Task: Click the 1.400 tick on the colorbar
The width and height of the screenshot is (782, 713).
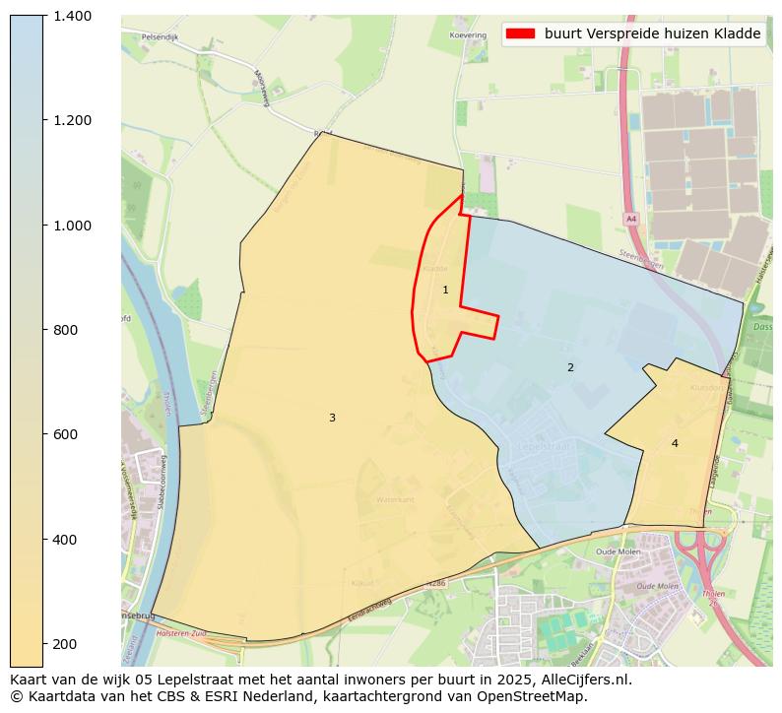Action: pos(73,16)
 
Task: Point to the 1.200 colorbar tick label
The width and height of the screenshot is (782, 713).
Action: pos(73,120)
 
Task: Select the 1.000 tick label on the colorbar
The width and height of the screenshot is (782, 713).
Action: pos(73,225)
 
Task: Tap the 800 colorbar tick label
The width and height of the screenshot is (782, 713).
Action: pos(68,330)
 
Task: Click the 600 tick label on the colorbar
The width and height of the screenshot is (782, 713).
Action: pos(68,434)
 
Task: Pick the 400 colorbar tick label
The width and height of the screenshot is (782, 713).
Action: pos(68,540)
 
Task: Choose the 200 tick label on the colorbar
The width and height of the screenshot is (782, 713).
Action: pos(68,644)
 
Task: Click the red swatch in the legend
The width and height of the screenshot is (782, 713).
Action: pos(520,33)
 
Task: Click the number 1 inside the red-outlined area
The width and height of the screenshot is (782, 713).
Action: pos(445,290)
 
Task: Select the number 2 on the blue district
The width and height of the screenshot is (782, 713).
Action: pos(570,367)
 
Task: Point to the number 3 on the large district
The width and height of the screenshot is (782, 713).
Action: pos(332,418)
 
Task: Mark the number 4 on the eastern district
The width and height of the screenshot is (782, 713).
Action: pos(675,443)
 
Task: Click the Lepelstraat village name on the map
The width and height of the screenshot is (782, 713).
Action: pos(544,446)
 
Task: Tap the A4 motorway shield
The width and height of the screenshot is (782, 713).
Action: pos(631,219)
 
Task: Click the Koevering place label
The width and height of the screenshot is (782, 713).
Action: pos(468,35)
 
